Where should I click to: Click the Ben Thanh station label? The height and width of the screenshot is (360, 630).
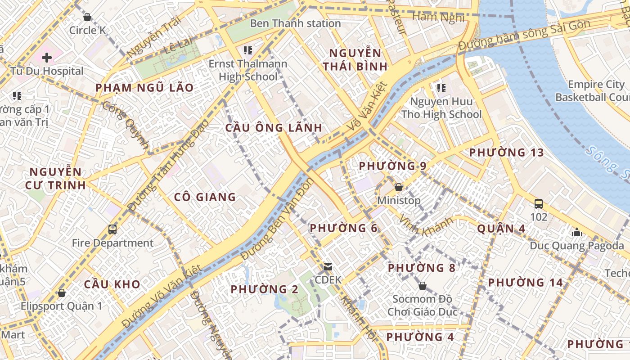click(x=295, y=23)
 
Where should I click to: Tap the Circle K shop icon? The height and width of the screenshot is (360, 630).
click(x=87, y=18)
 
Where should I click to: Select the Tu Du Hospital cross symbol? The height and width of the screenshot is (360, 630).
click(x=47, y=58)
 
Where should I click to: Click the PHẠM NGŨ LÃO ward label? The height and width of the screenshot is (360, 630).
click(x=144, y=88)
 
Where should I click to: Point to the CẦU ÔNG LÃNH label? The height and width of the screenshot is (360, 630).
click(x=274, y=128)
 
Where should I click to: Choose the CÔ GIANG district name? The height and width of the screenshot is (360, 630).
click(x=205, y=197)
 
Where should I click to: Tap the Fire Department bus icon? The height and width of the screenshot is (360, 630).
click(x=112, y=229)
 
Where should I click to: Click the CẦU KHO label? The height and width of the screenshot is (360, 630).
click(x=112, y=284)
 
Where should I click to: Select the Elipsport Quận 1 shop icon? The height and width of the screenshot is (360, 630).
click(x=62, y=293)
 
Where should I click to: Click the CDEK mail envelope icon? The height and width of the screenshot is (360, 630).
click(x=328, y=267)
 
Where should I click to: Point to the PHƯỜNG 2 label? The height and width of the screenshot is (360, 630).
click(x=265, y=289)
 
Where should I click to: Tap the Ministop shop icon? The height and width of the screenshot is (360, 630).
click(x=399, y=187)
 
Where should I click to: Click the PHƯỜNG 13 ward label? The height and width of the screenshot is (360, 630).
click(x=506, y=153)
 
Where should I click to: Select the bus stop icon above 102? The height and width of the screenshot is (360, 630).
click(x=539, y=203)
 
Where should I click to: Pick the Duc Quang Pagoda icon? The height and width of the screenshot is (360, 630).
click(x=577, y=232)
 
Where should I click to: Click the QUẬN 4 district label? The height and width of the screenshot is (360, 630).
click(x=501, y=229)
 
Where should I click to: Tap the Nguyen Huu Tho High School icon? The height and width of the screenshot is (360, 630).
click(x=441, y=88)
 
